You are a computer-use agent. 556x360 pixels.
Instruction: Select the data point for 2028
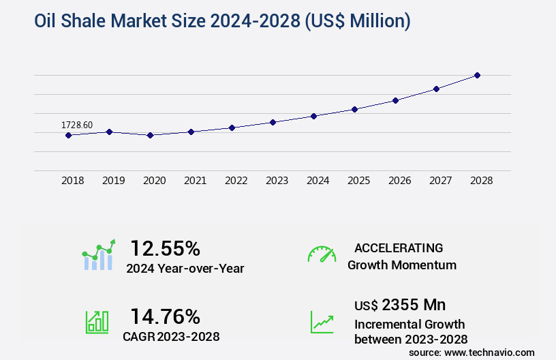click(x=477, y=75)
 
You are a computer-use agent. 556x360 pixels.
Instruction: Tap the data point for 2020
click(x=150, y=135)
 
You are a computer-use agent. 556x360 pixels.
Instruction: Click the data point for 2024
click(x=313, y=116)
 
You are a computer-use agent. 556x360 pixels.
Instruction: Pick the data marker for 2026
click(x=395, y=100)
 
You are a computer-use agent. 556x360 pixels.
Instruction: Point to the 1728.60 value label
click(x=77, y=125)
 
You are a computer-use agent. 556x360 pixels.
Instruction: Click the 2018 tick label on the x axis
click(x=73, y=181)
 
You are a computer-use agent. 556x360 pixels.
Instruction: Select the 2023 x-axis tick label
click(x=277, y=181)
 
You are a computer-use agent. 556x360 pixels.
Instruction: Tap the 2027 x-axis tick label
click(x=440, y=181)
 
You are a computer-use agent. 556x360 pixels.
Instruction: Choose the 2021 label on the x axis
click(x=195, y=181)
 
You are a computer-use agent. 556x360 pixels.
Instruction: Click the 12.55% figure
click(x=165, y=247)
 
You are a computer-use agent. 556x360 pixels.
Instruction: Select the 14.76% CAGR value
click(x=165, y=316)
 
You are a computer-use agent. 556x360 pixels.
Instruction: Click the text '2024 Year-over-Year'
click(x=185, y=269)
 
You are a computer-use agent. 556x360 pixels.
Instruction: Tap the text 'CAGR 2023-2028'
click(x=172, y=336)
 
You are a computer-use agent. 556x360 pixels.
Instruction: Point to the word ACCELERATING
click(x=399, y=247)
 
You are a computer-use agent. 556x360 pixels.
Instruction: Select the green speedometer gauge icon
click(x=322, y=254)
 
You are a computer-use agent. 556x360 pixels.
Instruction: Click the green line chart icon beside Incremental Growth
click(x=322, y=322)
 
